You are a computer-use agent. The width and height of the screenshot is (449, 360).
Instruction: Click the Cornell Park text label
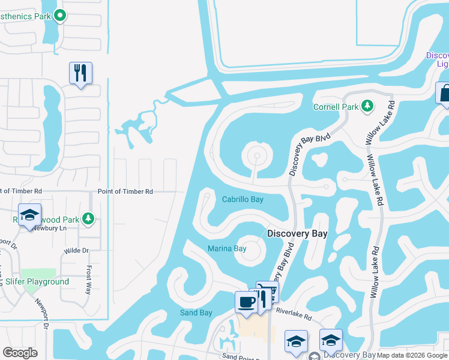tap(335, 107)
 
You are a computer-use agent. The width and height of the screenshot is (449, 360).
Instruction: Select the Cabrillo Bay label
tap(243, 200)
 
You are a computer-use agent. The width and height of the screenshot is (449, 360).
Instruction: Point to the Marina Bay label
tap(227, 248)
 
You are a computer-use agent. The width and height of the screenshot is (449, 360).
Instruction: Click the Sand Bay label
tap(196, 313)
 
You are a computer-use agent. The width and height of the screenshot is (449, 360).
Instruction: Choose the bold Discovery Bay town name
tap(297, 234)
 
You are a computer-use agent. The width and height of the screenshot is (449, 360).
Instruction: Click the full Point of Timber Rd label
tap(125, 191)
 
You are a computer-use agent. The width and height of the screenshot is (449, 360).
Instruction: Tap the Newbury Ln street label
tap(47, 228)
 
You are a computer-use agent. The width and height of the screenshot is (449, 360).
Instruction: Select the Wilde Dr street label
tap(76, 250)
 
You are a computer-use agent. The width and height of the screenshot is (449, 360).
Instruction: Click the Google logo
tap(20, 353)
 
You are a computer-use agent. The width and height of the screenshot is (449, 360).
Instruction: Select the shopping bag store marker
tap(444, 94)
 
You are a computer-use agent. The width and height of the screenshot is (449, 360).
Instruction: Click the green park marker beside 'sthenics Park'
tap(59, 16)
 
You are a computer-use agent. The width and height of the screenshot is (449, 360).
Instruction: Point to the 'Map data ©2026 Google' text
tap(412, 355)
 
